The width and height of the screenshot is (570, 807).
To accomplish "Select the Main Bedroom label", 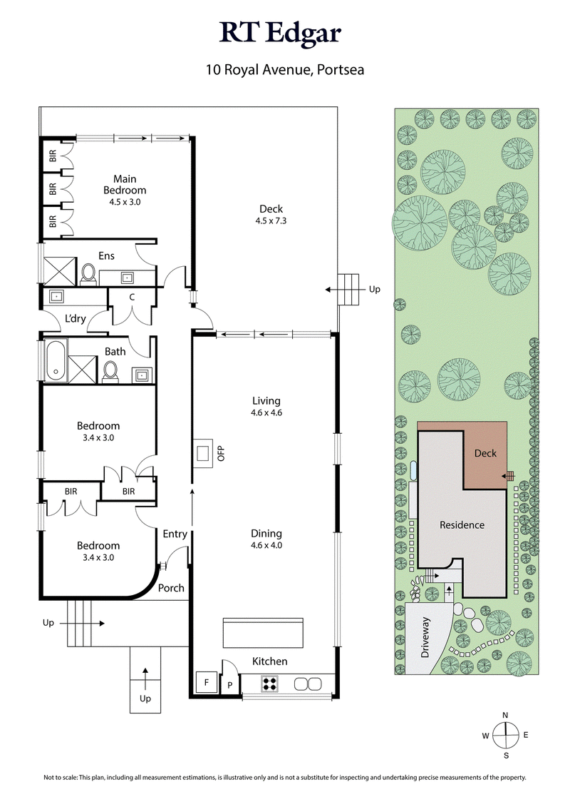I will pyautogui.click(x=125, y=185).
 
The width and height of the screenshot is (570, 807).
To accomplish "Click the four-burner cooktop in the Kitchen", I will pyautogui.click(x=270, y=683).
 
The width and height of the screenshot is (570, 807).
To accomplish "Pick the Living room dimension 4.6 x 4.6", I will pyautogui.click(x=266, y=413).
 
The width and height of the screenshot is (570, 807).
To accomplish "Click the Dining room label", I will pyautogui.click(x=266, y=533).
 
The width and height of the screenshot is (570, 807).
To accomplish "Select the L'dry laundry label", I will pyautogui.click(x=75, y=319).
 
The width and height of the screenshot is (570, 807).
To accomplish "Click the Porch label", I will pyautogui.click(x=171, y=588).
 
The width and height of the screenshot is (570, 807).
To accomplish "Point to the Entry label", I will pyautogui.click(x=175, y=534).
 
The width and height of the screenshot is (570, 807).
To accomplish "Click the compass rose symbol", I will pyautogui.click(x=505, y=734).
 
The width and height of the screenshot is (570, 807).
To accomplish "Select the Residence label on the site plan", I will pyautogui.click(x=461, y=524).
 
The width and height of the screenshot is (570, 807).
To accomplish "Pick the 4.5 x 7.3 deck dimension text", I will pyautogui.click(x=271, y=220).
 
